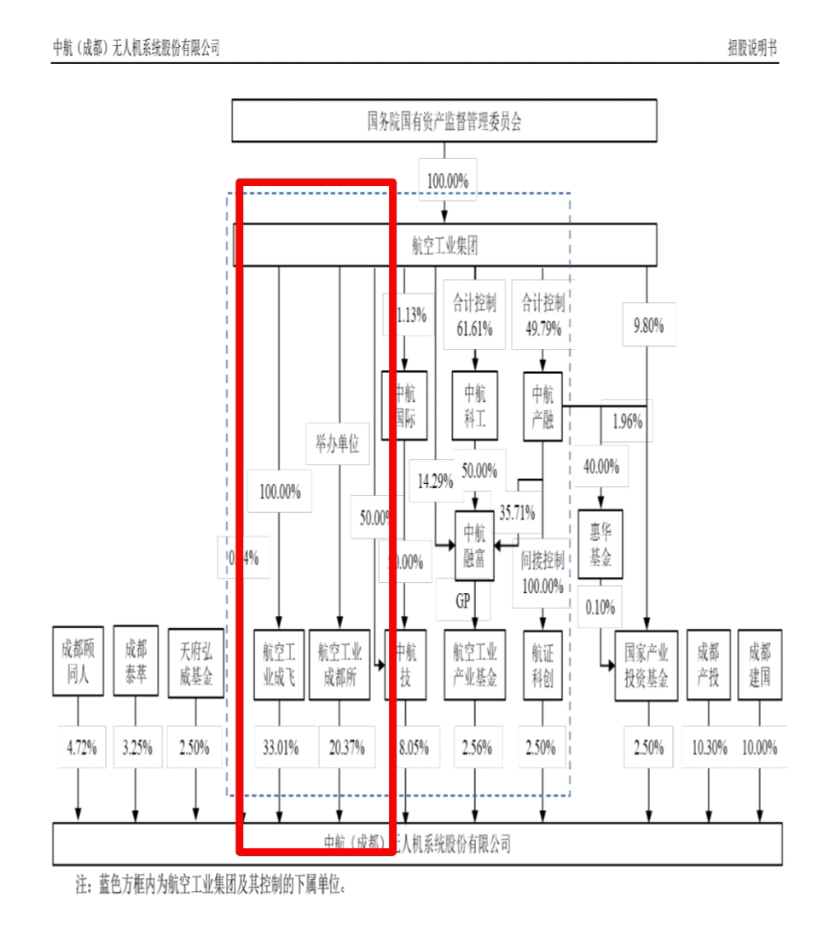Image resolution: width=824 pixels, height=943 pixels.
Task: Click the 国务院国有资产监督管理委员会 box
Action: pyautogui.click(x=444, y=120)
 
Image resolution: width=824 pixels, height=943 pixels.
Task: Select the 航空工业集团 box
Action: pyautogui.click(x=444, y=245)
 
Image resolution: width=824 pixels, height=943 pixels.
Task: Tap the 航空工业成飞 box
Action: pyautogui.click(x=279, y=665)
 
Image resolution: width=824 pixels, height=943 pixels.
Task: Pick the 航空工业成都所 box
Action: pyautogui.click(x=339, y=665)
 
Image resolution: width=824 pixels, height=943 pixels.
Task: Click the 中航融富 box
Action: pyautogui.click(x=474, y=546)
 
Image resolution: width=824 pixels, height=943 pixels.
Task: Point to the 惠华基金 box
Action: pyautogui.click(x=601, y=544)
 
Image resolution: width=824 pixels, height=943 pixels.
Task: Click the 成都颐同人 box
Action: pyautogui.click(x=78, y=661)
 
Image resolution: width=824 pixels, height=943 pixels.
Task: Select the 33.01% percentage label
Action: pyautogui.click(x=279, y=748)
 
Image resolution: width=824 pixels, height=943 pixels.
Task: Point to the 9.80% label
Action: pyautogui.click(x=648, y=324)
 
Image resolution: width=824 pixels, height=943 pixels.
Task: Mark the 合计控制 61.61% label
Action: pyautogui.click(x=473, y=313)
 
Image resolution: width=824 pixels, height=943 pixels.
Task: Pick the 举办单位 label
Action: pyautogui.click(x=338, y=444)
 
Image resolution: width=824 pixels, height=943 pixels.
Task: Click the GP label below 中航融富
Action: pyautogui.click(x=462, y=601)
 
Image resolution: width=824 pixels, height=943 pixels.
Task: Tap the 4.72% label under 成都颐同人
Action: pyautogui.click(x=82, y=748)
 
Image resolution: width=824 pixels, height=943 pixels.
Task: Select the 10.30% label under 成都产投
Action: pyautogui.click(x=709, y=748)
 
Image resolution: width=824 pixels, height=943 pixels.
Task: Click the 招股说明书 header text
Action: pyautogui.click(x=751, y=48)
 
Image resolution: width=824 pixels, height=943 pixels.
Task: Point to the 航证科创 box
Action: pyautogui.click(x=543, y=665)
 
